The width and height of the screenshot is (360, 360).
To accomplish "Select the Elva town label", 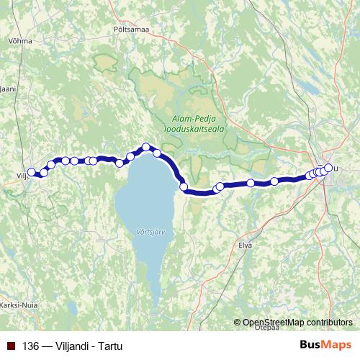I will [x=246, y=245].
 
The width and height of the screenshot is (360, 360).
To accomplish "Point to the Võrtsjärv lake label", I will [x=150, y=233].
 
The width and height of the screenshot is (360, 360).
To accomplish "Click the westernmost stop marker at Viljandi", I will [x=31, y=172].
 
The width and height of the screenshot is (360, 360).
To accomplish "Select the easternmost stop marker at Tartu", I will [x=328, y=168].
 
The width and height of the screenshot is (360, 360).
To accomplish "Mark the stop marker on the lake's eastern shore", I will [x=184, y=187].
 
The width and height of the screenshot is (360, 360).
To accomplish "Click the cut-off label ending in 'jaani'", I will [x=7, y=89].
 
